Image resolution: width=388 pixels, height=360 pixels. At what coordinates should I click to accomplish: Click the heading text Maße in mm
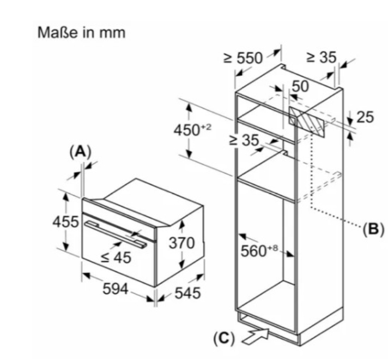coord(81,33)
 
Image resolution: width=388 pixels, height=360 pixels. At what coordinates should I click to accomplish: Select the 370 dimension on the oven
coord(181,243)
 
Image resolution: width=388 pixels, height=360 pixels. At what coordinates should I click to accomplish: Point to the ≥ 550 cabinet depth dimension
coord(245,58)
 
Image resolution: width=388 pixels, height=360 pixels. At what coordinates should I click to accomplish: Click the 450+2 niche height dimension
coord(192,131)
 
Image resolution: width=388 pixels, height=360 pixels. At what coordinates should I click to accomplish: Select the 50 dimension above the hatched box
coord(300,86)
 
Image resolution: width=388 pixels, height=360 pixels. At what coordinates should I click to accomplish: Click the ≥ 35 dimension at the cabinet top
coord(321,57)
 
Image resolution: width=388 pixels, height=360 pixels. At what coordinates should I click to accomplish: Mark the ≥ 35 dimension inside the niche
coord(244,140)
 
